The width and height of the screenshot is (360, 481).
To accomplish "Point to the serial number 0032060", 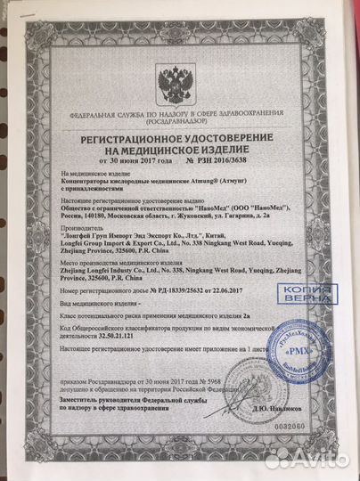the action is (306, 428).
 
